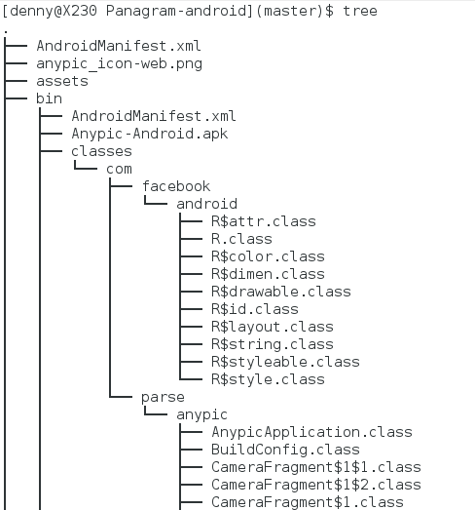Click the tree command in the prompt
click(360, 11)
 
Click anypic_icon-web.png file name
click(119, 63)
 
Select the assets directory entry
click(62, 81)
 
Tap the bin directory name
click(49, 98)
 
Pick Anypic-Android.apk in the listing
click(150, 134)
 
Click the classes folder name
click(101, 151)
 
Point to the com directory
click(119, 170)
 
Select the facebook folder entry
click(176, 186)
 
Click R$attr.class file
click(264, 221)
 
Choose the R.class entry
click(242, 239)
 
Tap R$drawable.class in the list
click(281, 292)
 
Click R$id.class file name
click(255, 309)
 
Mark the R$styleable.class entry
click(286, 362)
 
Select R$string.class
click(273, 344)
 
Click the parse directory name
click(163, 398)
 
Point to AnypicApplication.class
click(312, 432)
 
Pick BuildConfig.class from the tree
click(286, 450)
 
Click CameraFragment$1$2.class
click(316, 485)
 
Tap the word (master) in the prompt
click(291, 11)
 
